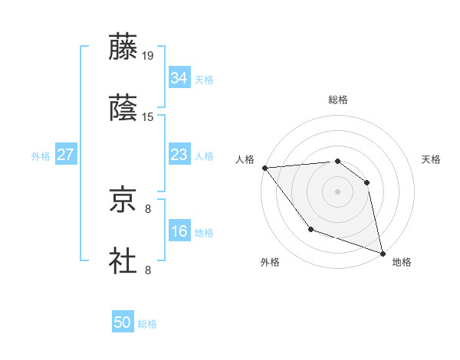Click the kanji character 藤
(123, 47)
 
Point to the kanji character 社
(123, 261)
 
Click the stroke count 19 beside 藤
(148, 55)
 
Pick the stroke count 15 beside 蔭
(148, 117)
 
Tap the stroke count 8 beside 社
(148, 270)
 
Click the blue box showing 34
(179, 78)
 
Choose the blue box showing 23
(179, 155)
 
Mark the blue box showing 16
(179, 232)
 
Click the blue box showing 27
(65, 155)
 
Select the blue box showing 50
(123, 322)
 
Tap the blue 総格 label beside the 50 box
(148, 324)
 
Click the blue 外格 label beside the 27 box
(41, 156)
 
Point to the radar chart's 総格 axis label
(338, 100)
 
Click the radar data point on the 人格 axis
(264, 168)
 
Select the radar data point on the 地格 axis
(382, 252)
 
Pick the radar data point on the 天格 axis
(366, 182)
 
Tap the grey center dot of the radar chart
(337, 191)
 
